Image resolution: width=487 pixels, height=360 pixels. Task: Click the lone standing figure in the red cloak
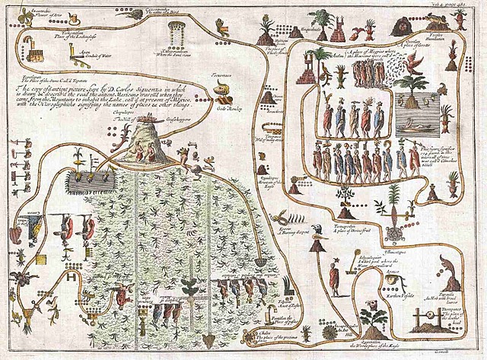click(x=333, y=278)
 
